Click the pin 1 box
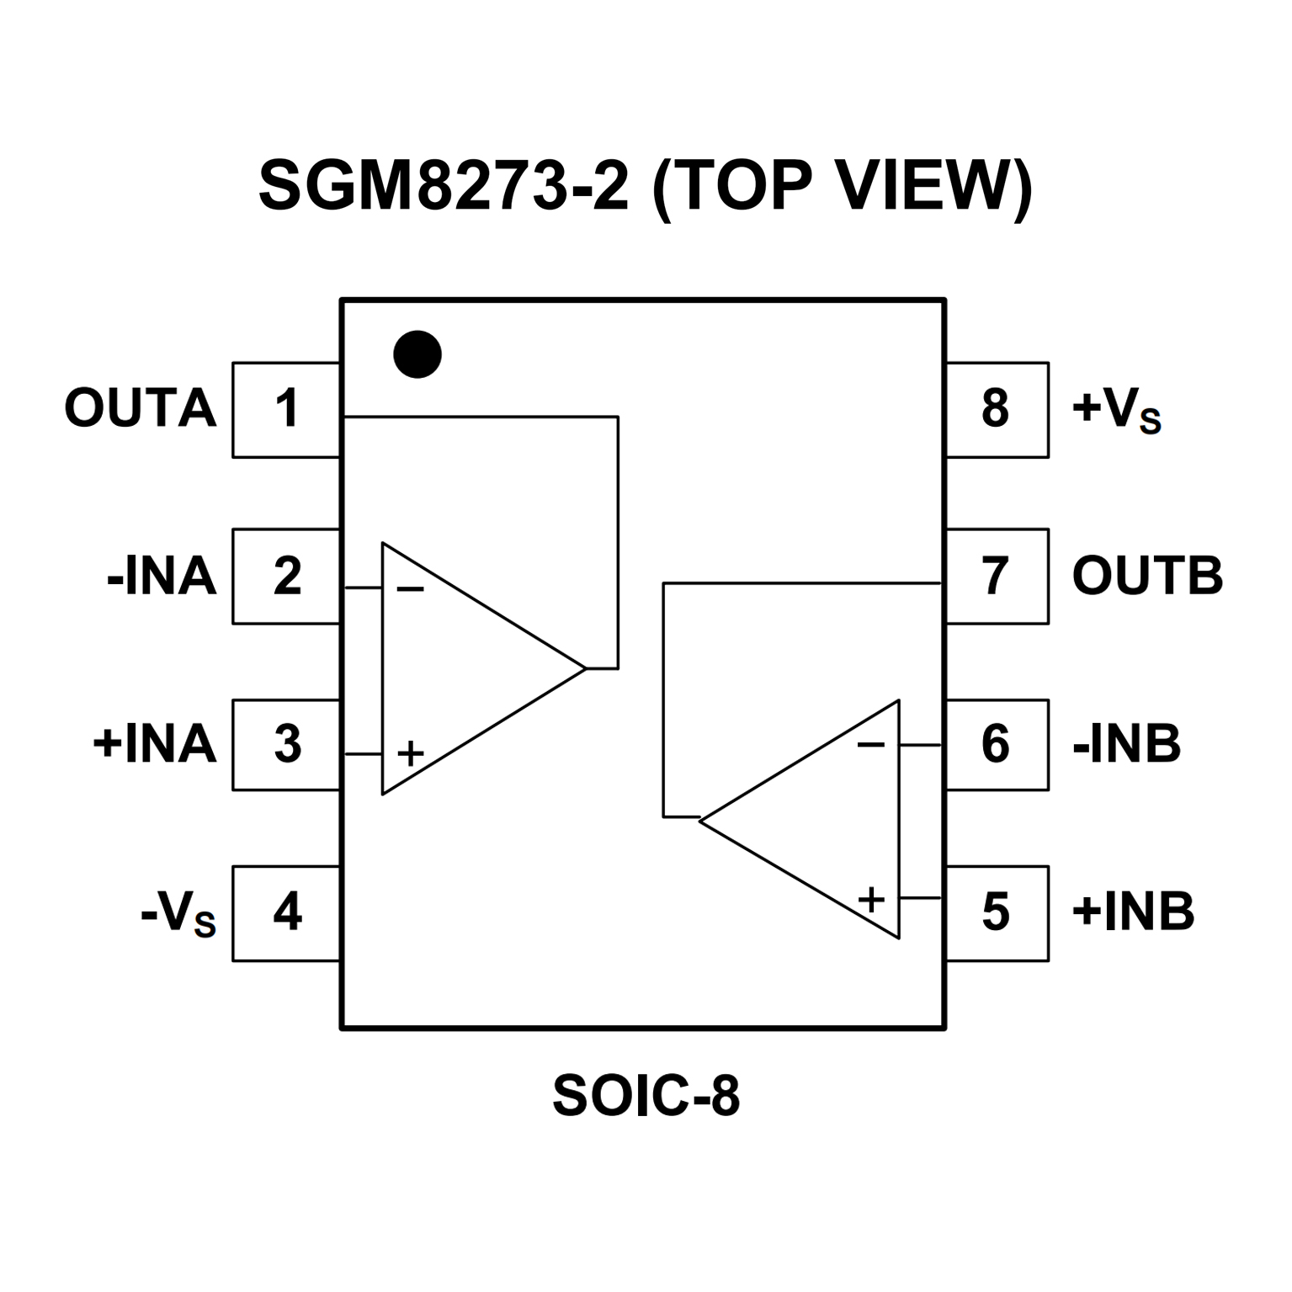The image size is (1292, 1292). click(286, 410)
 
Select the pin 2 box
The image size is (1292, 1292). click(286, 577)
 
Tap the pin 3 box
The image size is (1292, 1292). click(286, 744)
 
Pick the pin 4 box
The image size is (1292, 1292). click(286, 912)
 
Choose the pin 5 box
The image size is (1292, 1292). click(997, 912)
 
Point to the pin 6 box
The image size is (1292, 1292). click(997, 744)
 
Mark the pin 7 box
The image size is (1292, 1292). click(997, 577)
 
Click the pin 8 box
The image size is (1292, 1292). click(997, 410)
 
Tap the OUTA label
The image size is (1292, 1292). click(141, 409)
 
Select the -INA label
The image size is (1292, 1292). click(162, 577)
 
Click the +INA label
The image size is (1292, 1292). click(155, 745)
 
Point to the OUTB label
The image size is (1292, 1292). click(1147, 577)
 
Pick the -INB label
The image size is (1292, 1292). click(1127, 745)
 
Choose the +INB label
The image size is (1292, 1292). click(1133, 912)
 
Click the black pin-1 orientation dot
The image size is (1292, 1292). click(417, 354)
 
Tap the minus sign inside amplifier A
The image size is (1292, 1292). click(410, 590)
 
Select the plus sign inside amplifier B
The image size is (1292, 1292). click(871, 900)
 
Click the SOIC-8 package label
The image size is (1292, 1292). click(646, 1095)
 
